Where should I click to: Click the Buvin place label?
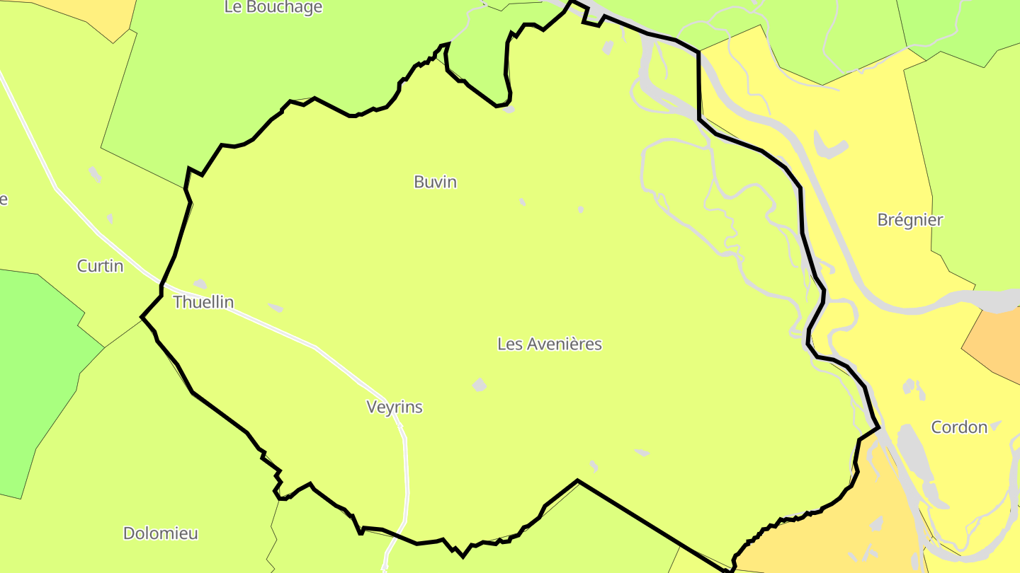tap(435, 183)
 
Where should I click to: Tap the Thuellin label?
tap(203, 302)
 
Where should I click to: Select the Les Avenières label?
tap(549, 345)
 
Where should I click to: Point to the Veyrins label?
tap(395, 407)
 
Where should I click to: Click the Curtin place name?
tap(100, 267)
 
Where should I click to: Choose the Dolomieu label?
tap(160, 533)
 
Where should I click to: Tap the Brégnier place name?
tap(909, 220)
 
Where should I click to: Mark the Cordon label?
tap(958, 427)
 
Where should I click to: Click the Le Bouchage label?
tap(273, 8)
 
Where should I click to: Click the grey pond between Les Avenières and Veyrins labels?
tap(480, 385)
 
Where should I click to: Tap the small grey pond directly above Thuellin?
tap(200, 284)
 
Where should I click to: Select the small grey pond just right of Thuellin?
tap(276, 308)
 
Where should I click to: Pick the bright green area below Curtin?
tap(35, 368)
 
